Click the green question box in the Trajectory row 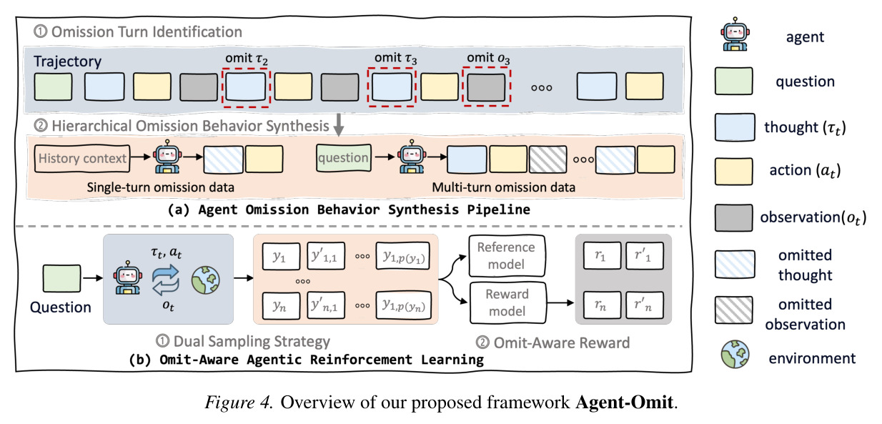tap(53, 87)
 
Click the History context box tap(82, 159)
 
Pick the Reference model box tap(507, 256)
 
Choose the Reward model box tap(508, 302)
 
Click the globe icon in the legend tap(735, 354)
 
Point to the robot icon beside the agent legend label tap(735, 34)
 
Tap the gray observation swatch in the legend tap(733, 217)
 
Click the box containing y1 tap(281, 256)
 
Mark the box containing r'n tap(644, 305)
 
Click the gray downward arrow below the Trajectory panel tap(339, 124)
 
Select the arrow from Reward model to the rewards tap(560, 303)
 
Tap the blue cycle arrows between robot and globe tap(166, 280)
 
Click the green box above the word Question tap(61, 279)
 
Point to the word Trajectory tap(67, 61)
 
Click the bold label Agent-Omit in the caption tap(625, 403)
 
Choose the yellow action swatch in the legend tap(733, 172)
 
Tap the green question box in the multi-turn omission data tap(344, 157)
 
